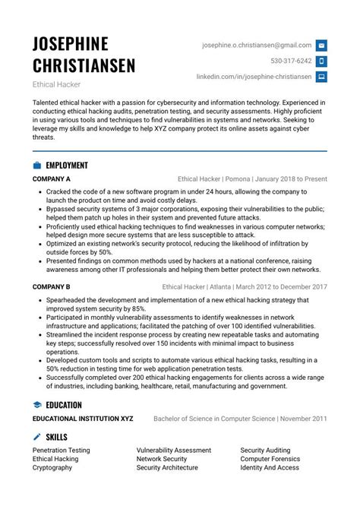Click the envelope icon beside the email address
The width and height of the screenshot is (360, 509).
pos(321,46)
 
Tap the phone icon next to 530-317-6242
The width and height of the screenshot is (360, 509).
pos(321,61)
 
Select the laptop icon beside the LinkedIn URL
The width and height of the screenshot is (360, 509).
pos(321,77)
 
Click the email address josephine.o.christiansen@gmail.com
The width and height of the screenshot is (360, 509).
pos(257,46)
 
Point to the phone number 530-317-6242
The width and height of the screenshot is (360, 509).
pos(291,61)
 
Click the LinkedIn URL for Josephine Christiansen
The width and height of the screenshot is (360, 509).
pos(254,77)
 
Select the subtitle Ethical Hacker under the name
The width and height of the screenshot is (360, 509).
pos(57,84)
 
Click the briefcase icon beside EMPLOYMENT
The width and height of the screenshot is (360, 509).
pos(36,165)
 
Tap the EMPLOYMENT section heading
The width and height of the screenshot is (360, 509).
pos(67,165)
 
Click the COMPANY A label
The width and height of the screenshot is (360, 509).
pos(52,179)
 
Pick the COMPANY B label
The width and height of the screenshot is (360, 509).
pos(52,286)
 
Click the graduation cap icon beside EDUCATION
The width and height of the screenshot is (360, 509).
pos(36,405)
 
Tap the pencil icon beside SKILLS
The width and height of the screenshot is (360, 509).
pos(36,437)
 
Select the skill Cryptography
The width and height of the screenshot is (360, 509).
pos(52,468)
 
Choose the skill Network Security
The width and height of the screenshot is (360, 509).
pos(162,459)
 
